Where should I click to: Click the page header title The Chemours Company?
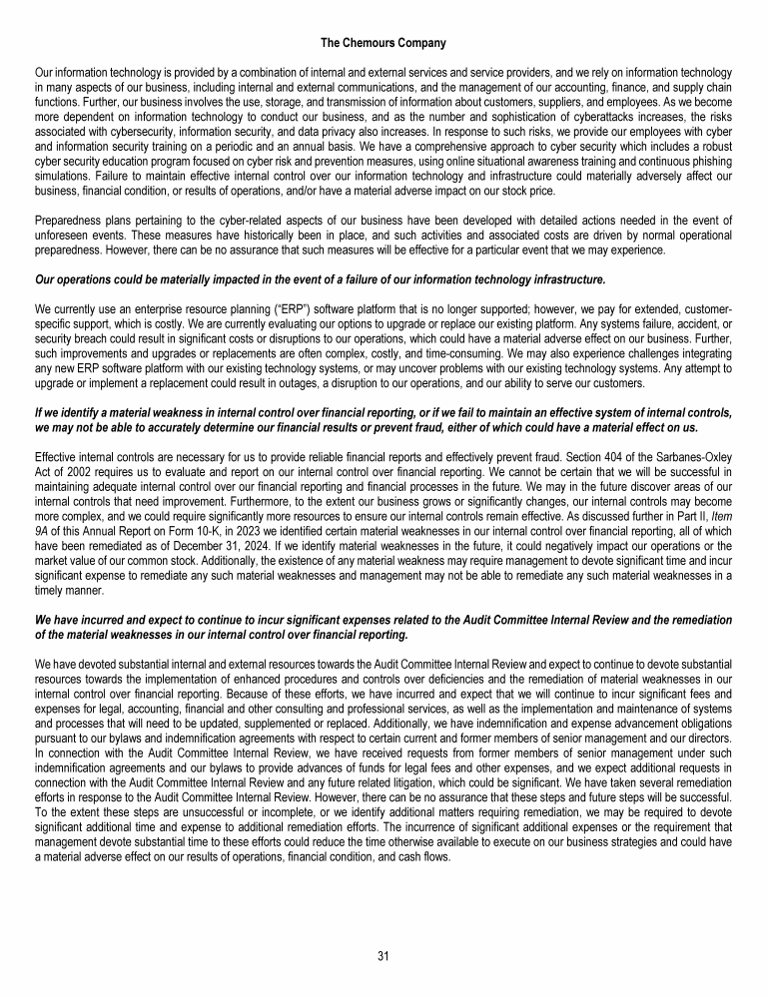[383, 44]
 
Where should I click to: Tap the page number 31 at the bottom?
[383, 956]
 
